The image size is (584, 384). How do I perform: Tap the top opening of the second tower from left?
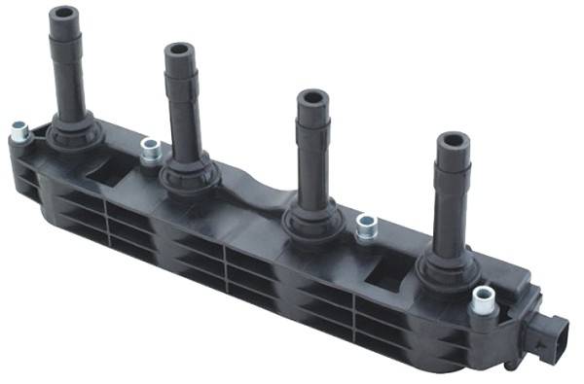[180, 50]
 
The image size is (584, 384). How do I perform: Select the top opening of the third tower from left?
[312, 97]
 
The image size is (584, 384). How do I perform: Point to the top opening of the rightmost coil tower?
[452, 142]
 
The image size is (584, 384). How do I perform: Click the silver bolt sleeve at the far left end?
[18, 129]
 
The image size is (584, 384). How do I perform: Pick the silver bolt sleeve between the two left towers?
[150, 149]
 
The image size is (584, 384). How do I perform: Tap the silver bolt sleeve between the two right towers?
[366, 227]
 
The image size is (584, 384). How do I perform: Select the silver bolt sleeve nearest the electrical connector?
[481, 301]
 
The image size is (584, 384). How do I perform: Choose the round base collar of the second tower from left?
[187, 173]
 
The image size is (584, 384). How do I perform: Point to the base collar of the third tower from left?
[312, 220]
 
